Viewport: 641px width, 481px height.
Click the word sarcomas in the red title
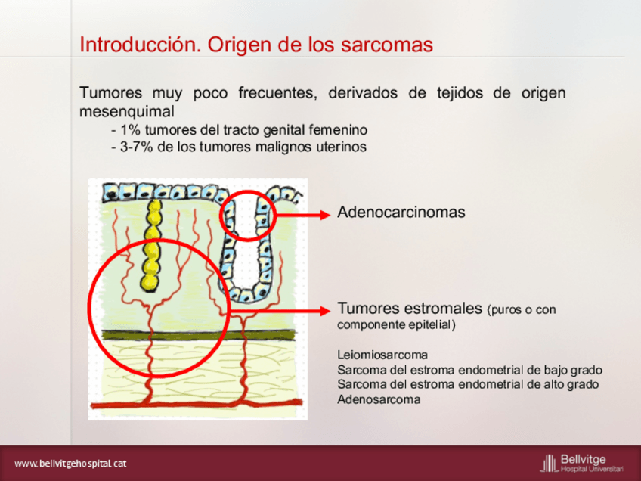(387, 45)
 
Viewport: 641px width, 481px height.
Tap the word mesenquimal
(127, 111)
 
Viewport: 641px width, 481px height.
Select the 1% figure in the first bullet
(131, 130)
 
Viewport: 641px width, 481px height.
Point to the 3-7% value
(136, 147)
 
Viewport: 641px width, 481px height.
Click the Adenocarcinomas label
(401, 213)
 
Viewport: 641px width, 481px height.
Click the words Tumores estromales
(410, 308)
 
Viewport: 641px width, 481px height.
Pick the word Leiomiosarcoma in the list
(382, 355)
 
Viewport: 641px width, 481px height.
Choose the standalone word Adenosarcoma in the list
(379, 399)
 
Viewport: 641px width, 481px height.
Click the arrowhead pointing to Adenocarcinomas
(325, 215)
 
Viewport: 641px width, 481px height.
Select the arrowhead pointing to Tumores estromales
(325, 311)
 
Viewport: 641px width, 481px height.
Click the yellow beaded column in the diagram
(152, 245)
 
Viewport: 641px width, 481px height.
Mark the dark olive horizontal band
(198, 335)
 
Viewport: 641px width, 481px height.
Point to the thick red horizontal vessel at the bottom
(197, 405)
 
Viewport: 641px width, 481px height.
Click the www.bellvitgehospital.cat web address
(70, 464)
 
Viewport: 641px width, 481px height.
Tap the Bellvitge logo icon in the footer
(550, 463)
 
